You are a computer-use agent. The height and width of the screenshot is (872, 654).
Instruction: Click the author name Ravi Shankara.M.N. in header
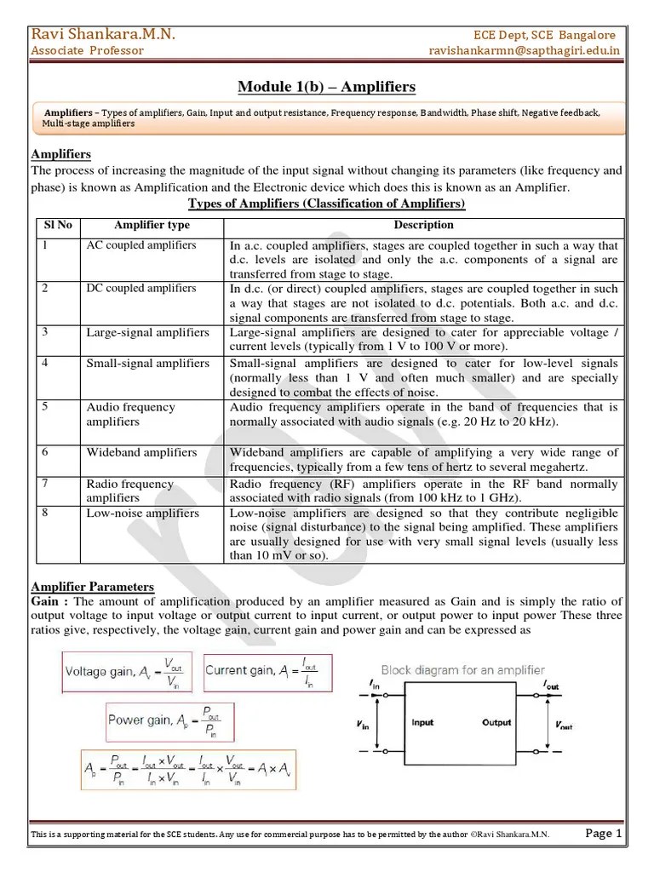tap(103, 34)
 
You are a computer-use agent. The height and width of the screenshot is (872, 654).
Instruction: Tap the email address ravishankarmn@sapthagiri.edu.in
tap(525, 50)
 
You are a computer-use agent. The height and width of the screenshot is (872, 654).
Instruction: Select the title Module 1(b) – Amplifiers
tap(327, 87)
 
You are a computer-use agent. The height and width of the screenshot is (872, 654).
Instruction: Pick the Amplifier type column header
tap(152, 226)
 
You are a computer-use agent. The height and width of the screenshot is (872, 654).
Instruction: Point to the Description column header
tap(423, 226)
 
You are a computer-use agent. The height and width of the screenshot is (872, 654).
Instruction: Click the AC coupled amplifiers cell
tap(141, 245)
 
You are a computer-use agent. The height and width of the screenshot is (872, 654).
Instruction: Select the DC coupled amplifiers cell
tap(141, 289)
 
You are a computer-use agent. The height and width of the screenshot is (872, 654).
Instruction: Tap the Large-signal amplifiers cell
tap(147, 332)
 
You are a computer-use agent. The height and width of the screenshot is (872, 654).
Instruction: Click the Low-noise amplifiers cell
tap(142, 513)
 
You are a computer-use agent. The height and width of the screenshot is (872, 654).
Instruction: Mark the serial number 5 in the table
tap(44, 406)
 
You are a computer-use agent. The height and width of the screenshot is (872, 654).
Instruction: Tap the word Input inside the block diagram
tap(423, 723)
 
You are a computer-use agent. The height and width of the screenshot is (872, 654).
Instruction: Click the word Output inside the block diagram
tap(496, 723)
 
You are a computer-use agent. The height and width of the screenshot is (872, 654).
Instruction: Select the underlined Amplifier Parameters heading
tap(92, 587)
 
